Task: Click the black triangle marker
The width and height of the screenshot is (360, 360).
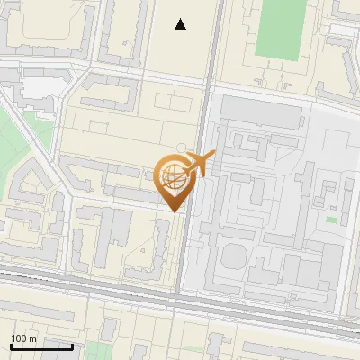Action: (x=181, y=24)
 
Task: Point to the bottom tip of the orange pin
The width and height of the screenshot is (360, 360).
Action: (x=173, y=211)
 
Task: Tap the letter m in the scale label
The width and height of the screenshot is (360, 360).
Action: (x=32, y=338)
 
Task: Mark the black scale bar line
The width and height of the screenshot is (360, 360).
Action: (x=40, y=346)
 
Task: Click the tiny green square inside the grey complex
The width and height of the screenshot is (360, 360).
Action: (x=331, y=220)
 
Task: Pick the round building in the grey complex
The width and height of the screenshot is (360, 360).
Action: (x=233, y=256)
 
